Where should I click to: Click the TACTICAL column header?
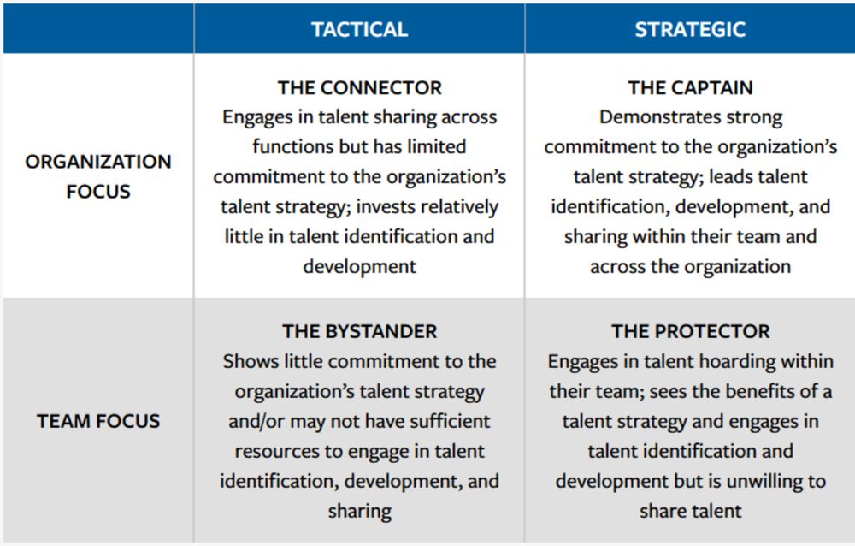click(359, 29)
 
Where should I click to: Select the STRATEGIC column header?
click(690, 29)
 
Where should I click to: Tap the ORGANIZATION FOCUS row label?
click(98, 176)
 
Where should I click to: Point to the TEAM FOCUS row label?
click(98, 421)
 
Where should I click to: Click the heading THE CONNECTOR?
click(359, 88)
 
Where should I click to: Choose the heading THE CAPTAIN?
click(690, 88)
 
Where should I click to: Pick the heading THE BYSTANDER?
click(359, 331)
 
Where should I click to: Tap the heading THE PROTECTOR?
click(690, 331)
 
